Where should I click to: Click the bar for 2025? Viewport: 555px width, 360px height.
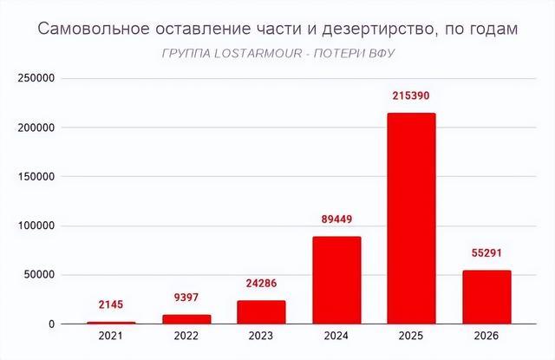411,219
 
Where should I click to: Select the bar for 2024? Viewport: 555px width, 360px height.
336,280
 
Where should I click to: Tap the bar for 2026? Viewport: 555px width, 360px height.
486,298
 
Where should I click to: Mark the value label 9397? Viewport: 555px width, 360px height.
186,296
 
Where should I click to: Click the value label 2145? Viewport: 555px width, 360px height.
112,304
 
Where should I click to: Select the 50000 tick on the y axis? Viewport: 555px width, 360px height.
40,275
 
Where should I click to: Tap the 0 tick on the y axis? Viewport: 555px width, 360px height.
52,324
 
